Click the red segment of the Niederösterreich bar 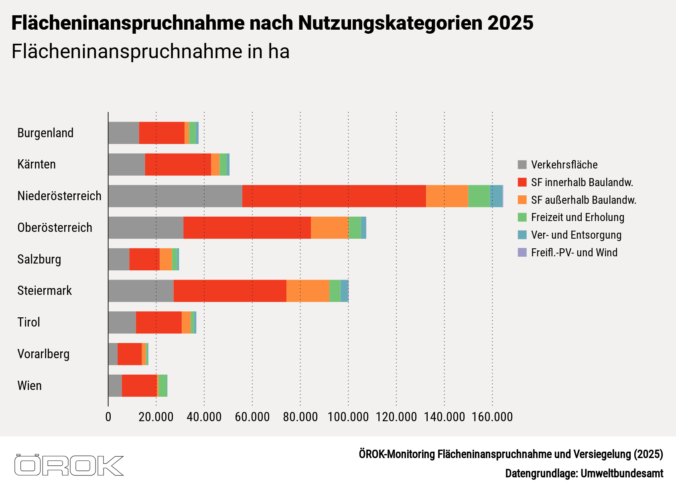pos(334,196)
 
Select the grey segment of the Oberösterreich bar pos(146,228)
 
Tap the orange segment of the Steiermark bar pos(308,291)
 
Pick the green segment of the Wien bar pos(163,385)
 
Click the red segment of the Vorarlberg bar pos(130,354)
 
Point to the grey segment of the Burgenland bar pos(124,133)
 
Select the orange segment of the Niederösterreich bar pos(447,196)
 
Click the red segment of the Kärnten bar pos(178,164)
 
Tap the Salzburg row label pos(39,259)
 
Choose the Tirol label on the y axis pos(29,322)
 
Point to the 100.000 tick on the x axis pos(348,417)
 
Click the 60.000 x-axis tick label pos(252,417)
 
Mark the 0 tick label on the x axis pos(108,417)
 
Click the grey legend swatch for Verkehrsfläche pos(522,164)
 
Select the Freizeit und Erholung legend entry pos(577,217)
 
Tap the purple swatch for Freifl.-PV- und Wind pos(522,252)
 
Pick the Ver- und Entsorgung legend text pos(576,235)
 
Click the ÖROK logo pos(69,465)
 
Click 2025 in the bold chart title pos(510,23)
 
